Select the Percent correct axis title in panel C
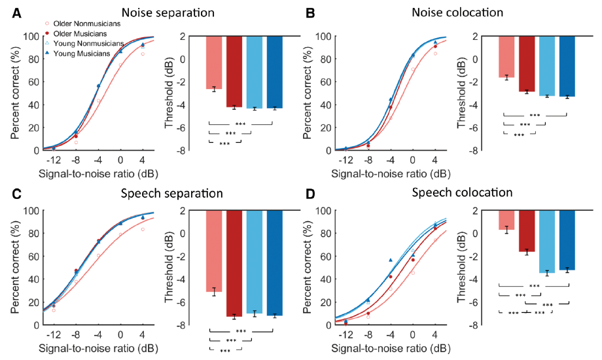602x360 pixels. (x=15, y=267)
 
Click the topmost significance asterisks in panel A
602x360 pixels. (x=240, y=123)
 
